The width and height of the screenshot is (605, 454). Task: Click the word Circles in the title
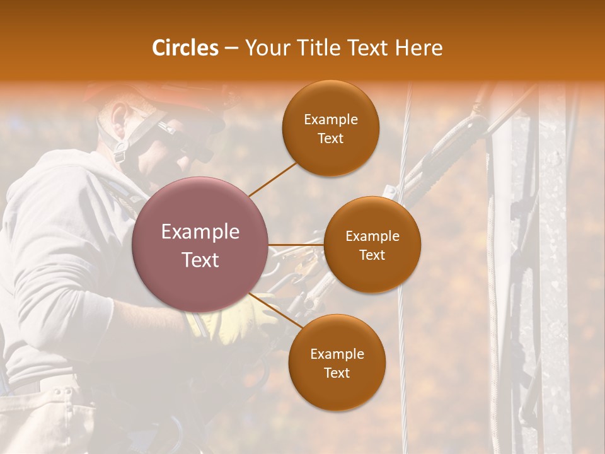click(x=185, y=48)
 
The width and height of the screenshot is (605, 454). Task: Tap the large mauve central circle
click(x=200, y=245)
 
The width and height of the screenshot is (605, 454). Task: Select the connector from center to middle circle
click(x=296, y=244)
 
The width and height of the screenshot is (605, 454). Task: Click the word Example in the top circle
click(x=330, y=119)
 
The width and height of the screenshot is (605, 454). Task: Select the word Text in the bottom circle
click(x=337, y=373)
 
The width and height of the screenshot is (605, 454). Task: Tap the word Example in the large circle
click(x=200, y=232)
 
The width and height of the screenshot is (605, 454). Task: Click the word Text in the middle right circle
click(x=372, y=255)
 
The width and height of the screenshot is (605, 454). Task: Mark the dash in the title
click(x=231, y=48)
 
